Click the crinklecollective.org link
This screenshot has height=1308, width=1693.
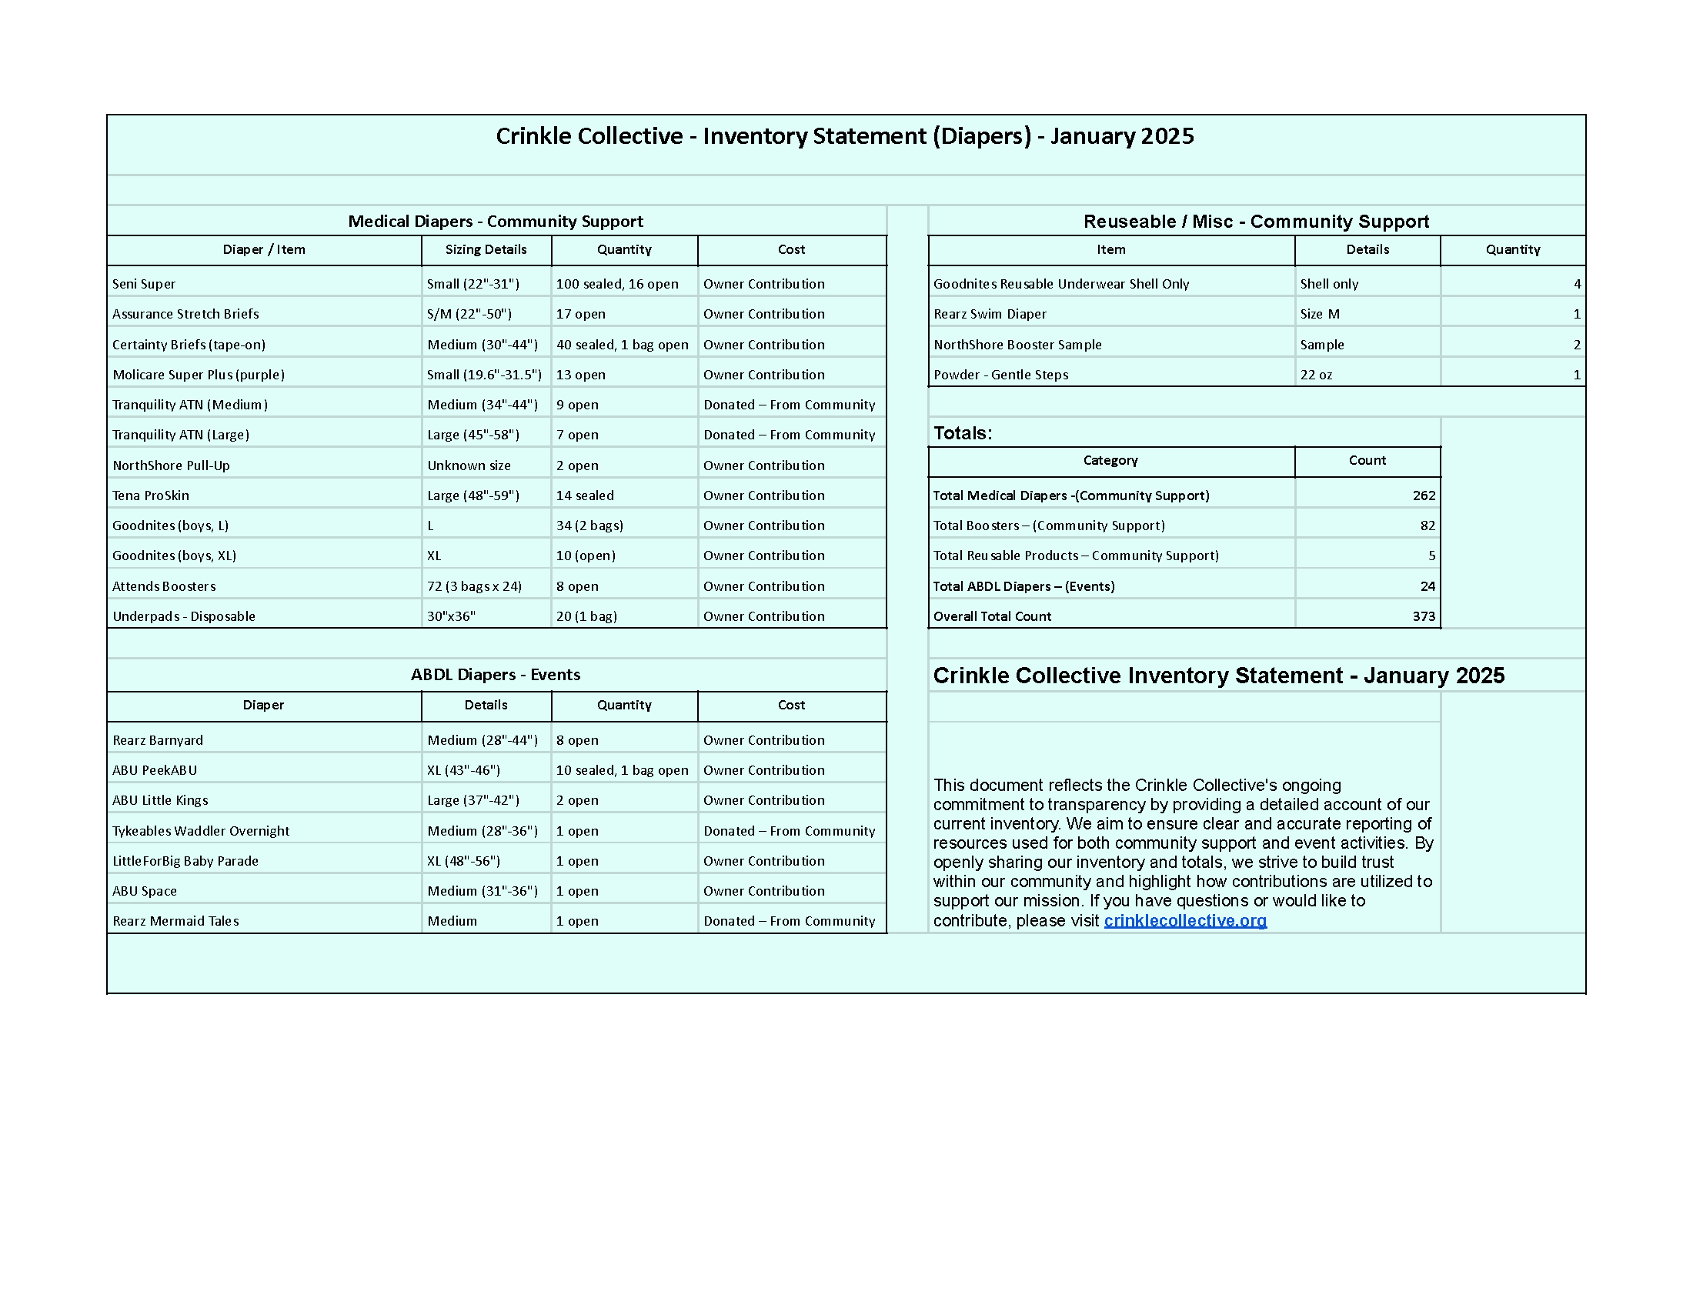(x=1184, y=920)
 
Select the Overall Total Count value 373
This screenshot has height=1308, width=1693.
(x=1423, y=616)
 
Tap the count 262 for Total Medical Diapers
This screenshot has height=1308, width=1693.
(x=1423, y=496)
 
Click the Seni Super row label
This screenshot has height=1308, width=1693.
(x=144, y=284)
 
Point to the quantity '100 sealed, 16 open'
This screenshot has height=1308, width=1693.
(x=617, y=284)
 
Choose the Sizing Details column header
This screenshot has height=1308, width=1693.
(x=486, y=249)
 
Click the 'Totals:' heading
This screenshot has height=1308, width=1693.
(x=963, y=433)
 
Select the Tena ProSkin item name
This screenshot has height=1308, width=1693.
(x=150, y=496)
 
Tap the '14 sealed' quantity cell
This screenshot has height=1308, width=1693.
(x=585, y=496)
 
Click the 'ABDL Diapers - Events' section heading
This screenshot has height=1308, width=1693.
(x=496, y=674)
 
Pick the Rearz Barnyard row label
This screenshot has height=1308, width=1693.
(x=157, y=740)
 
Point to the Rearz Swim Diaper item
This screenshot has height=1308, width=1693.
(x=990, y=314)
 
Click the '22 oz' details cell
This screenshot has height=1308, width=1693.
(x=1316, y=374)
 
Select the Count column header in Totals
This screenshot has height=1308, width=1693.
(x=1367, y=460)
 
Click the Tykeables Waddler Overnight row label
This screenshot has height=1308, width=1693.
(x=201, y=831)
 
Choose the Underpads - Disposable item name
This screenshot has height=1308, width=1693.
(x=184, y=616)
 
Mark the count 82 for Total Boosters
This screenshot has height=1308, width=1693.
(x=1427, y=526)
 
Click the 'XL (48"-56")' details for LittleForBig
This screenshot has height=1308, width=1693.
(x=463, y=861)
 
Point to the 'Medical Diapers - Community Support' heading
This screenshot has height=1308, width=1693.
(x=496, y=221)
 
